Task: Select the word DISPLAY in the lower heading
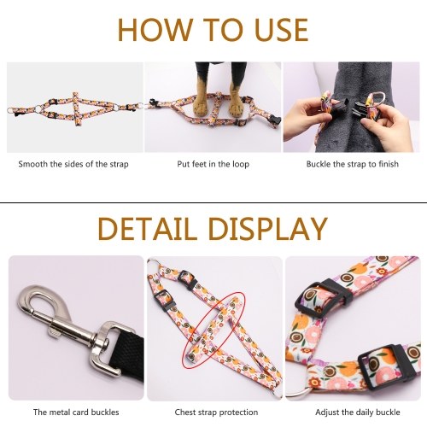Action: (268, 229)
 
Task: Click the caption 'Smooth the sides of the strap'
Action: (73, 164)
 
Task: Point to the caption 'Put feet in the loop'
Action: (213, 164)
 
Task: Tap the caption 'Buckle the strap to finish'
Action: (353, 164)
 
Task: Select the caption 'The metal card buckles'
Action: (76, 412)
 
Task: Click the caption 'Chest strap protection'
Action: (216, 412)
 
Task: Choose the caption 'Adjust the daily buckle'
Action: (358, 412)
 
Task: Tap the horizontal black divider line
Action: (213, 202)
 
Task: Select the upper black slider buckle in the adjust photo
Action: (323, 298)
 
